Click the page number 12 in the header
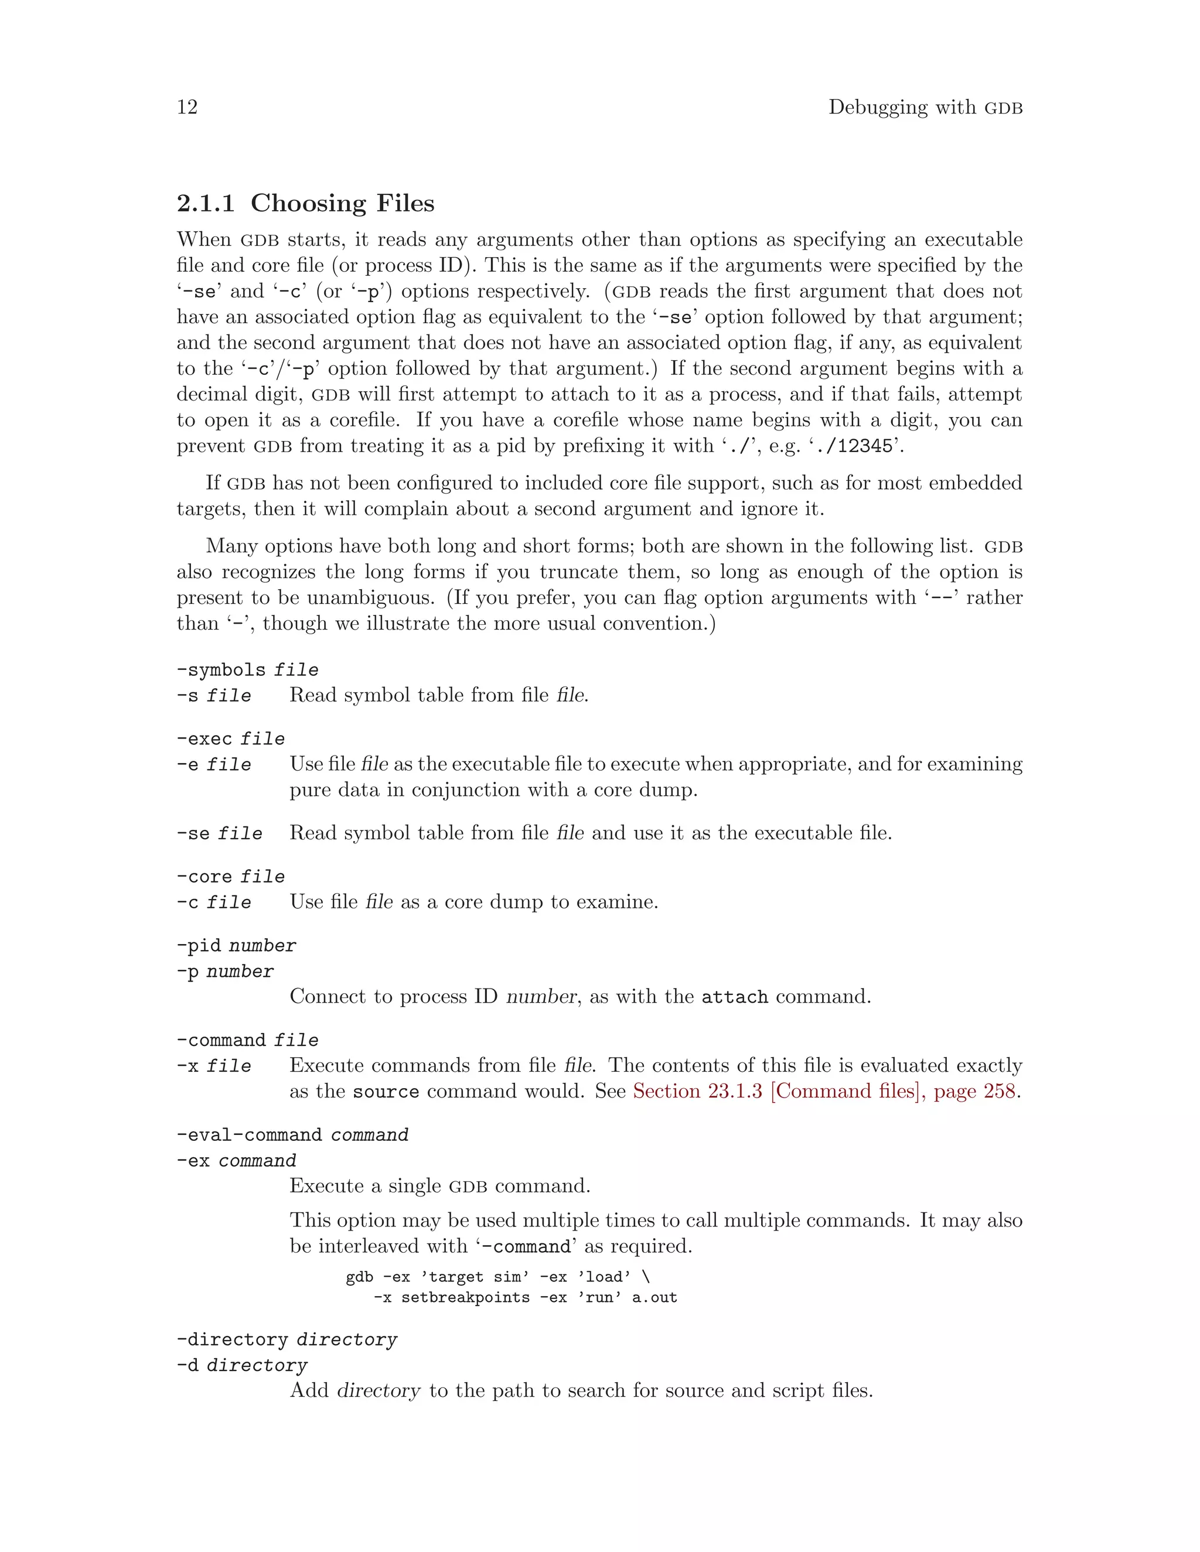click(187, 107)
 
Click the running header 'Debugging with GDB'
click(925, 107)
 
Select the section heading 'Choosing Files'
click(342, 203)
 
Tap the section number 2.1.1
click(206, 203)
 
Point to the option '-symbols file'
click(247, 669)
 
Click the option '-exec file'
click(230, 739)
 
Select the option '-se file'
click(219, 833)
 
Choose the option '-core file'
click(230, 876)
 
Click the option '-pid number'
click(236, 945)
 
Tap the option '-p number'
click(224, 972)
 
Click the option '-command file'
click(247, 1040)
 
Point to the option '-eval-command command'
click(292, 1134)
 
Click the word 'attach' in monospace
click(734, 997)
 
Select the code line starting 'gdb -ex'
click(497, 1277)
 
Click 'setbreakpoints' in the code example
click(466, 1298)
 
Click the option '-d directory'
click(242, 1365)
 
